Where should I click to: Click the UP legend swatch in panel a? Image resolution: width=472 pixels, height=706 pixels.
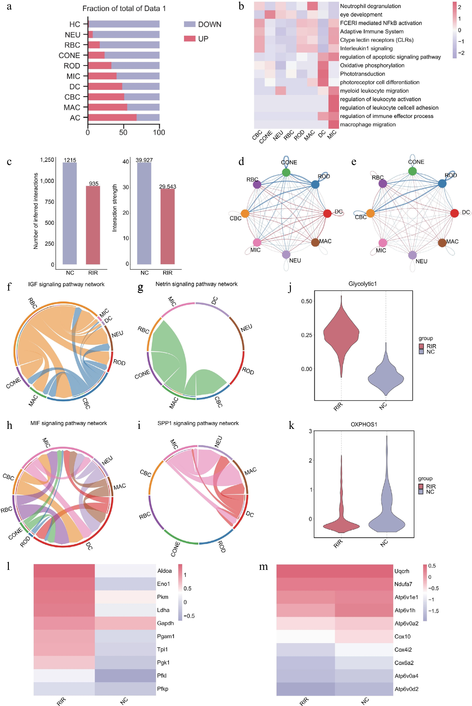(190, 39)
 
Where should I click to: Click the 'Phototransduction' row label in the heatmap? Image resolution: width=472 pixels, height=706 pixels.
(363, 74)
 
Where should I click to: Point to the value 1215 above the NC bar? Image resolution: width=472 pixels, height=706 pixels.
(70, 160)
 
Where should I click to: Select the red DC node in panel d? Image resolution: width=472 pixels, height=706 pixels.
(327, 213)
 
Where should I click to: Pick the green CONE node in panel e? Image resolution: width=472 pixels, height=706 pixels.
(412, 171)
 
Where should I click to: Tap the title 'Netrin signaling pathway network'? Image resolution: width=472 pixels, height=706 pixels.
(196, 284)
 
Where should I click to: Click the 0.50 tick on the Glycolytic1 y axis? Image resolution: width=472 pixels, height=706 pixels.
(307, 301)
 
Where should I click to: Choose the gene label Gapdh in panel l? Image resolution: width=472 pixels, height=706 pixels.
(165, 623)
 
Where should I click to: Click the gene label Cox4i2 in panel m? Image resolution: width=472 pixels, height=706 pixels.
(403, 649)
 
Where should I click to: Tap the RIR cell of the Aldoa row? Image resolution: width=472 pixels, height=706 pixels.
(64, 571)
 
